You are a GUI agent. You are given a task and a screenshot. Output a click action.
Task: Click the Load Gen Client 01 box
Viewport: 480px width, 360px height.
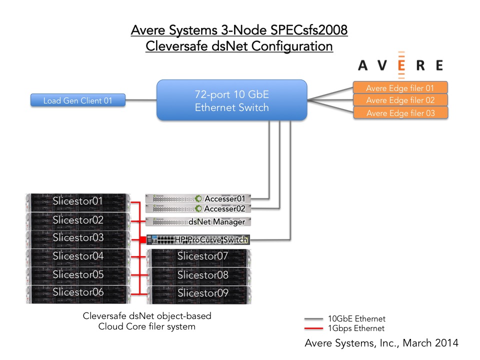tap(78, 100)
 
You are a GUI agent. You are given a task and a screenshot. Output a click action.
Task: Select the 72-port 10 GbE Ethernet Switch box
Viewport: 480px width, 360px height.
tap(231, 100)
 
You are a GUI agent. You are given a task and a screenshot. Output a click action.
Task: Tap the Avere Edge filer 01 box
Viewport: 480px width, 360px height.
tap(400, 88)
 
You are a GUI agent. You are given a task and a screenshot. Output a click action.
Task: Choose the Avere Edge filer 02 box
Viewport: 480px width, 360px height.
tap(400, 100)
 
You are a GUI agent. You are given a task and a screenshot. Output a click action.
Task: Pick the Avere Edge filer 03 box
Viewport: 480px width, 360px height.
tap(400, 112)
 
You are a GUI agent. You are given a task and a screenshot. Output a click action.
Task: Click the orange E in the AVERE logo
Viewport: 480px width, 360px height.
tap(401, 65)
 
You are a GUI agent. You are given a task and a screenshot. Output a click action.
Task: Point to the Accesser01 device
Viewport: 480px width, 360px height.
tap(198, 198)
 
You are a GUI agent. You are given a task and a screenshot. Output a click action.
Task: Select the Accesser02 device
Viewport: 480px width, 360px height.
tap(198, 208)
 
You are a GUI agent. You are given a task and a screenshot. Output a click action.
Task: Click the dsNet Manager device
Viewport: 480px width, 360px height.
tap(198, 221)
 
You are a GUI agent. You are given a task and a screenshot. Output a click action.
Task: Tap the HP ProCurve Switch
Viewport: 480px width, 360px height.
tap(198, 239)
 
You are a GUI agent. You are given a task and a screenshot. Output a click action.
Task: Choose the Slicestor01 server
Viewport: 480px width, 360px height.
tap(78, 202)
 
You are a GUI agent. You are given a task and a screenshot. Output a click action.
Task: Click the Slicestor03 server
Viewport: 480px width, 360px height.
tap(78, 239)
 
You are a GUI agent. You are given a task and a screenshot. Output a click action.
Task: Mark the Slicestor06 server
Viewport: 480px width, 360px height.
tap(78, 294)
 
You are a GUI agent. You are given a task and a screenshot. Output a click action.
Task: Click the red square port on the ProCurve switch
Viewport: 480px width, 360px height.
tap(142, 239)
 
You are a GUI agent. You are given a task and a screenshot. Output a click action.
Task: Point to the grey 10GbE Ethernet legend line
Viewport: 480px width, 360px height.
tap(313, 319)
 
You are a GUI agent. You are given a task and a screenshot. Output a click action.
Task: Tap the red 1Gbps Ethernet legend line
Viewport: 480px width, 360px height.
tap(313, 328)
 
